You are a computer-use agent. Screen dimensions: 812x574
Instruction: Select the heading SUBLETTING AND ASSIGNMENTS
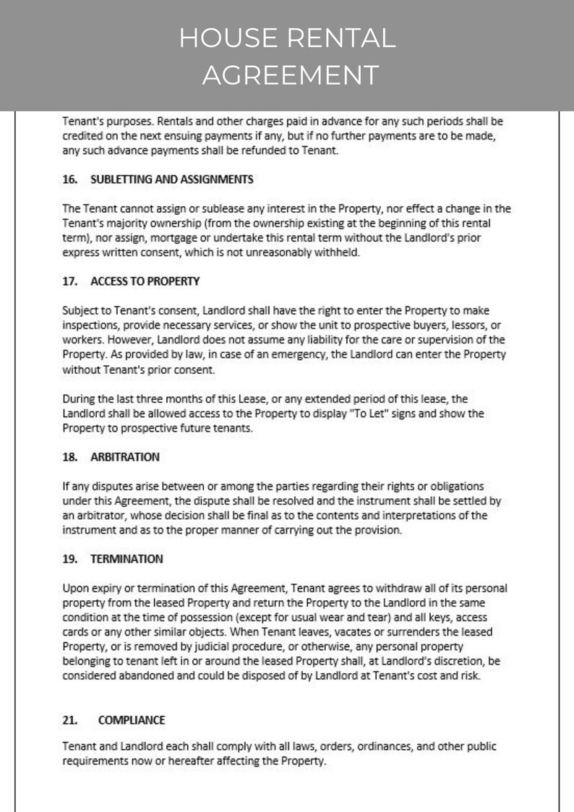click(x=171, y=179)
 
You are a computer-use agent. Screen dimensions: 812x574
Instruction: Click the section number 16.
click(x=70, y=179)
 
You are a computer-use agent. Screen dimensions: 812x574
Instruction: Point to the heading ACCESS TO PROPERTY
click(x=145, y=280)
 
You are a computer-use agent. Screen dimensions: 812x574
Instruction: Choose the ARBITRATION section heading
click(x=125, y=457)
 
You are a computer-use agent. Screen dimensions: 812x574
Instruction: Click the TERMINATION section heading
click(x=127, y=558)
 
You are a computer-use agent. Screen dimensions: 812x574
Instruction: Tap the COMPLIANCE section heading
click(x=132, y=719)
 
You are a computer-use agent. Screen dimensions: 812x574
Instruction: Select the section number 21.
click(x=70, y=719)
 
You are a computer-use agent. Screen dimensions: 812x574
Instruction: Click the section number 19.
click(x=70, y=558)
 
